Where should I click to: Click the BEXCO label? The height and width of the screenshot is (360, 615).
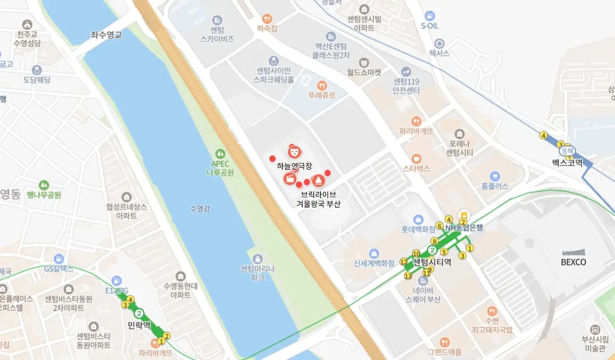coord(573,262)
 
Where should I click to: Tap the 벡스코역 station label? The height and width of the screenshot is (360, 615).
coord(567,162)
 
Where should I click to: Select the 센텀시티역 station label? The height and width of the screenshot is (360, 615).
coord(432,262)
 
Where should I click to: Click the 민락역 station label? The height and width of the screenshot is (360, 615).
coord(139,325)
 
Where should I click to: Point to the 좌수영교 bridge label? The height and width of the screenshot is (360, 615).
coord(106,35)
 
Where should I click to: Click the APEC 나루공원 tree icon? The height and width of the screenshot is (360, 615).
coord(221,154)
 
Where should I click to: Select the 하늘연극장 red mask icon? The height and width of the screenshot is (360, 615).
coord(294,151)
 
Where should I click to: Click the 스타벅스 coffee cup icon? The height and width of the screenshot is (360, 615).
coord(416,158)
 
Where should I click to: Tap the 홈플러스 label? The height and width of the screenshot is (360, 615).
coord(495,186)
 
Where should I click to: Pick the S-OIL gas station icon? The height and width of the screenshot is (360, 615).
coord(429,16)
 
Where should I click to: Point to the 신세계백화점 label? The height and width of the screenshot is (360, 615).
coord(374,263)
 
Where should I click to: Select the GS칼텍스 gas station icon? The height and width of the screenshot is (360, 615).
coord(59,258)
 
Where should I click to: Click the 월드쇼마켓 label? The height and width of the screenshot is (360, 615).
coord(364,73)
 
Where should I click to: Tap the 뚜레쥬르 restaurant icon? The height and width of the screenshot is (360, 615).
coord(322,85)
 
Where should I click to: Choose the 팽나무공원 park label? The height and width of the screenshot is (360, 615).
coord(44,195)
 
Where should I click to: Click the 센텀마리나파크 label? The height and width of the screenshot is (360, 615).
coord(257,273)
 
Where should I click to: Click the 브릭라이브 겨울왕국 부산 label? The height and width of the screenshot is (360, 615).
coord(318,199)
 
